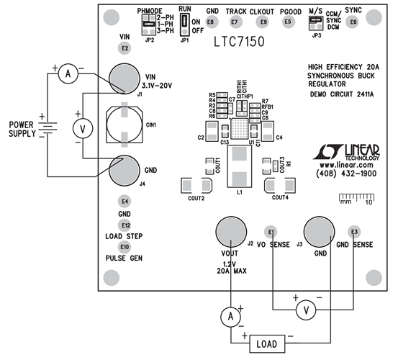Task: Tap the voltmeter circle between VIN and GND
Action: click(x=83, y=128)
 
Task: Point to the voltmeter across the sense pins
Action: click(x=307, y=310)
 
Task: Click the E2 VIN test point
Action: click(x=125, y=48)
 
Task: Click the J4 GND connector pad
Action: click(x=125, y=171)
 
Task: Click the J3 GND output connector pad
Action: click(x=320, y=234)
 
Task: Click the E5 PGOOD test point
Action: click(x=289, y=22)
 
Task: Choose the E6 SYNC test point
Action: click(x=353, y=22)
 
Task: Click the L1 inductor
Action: click(x=238, y=174)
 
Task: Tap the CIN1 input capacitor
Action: click(x=125, y=125)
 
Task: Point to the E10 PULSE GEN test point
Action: click(x=125, y=247)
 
